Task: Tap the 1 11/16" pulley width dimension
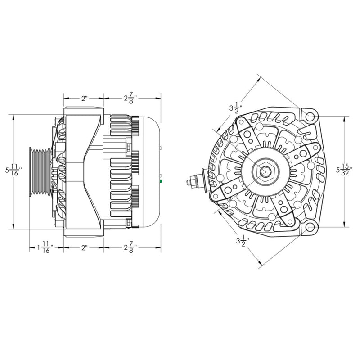[45, 247]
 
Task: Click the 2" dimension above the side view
[84, 98]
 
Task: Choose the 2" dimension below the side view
[84, 247]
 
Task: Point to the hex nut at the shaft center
[265, 171]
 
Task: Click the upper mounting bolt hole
[310, 117]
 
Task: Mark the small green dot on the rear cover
[161, 181]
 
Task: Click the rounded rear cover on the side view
[148, 171]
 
